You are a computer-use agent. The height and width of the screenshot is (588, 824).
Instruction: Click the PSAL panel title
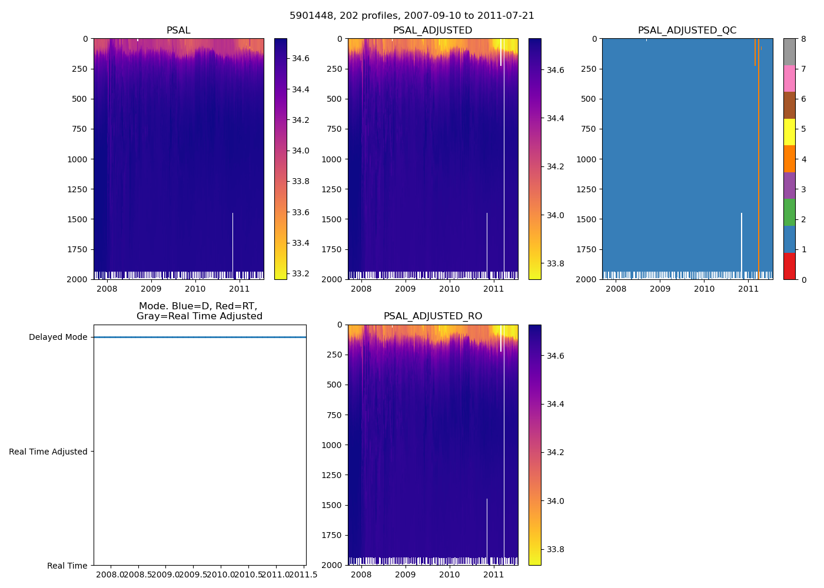178,31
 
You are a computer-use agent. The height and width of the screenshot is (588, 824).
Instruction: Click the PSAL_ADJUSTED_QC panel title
687,31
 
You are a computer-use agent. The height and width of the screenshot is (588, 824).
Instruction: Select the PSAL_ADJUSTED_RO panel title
433,316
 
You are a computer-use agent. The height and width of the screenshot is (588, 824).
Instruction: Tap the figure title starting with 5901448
412,16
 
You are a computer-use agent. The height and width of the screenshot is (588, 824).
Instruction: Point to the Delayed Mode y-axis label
58,338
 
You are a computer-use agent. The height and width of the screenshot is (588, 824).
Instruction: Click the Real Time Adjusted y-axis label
48,452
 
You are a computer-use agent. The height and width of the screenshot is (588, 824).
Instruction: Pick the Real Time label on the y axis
67,566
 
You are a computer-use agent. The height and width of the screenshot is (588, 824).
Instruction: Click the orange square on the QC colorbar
789,159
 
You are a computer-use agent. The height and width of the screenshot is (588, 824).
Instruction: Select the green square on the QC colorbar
789,212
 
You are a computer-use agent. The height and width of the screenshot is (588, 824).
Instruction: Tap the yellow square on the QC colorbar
789,132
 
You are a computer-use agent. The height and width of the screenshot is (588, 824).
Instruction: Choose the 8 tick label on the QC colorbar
803,39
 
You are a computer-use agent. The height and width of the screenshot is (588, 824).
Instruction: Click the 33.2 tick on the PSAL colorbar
301,273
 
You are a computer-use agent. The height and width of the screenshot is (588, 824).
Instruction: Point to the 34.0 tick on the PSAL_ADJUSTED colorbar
555,215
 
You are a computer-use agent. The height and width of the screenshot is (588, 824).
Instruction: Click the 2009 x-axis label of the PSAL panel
151,289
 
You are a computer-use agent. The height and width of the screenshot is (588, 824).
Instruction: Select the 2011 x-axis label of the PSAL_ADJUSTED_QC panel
748,289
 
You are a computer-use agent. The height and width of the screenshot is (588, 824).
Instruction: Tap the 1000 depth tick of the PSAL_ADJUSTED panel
333,159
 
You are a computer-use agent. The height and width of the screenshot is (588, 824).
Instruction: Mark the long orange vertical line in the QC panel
758,176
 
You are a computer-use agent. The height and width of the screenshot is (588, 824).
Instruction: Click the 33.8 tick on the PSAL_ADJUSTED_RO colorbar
555,550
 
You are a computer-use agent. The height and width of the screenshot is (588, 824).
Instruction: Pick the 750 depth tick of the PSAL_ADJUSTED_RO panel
335,415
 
